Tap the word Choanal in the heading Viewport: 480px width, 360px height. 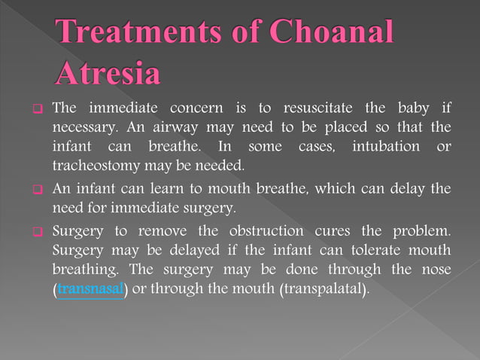click(330, 33)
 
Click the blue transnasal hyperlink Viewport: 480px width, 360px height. click(90, 289)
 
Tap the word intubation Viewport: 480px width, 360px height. click(385, 145)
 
